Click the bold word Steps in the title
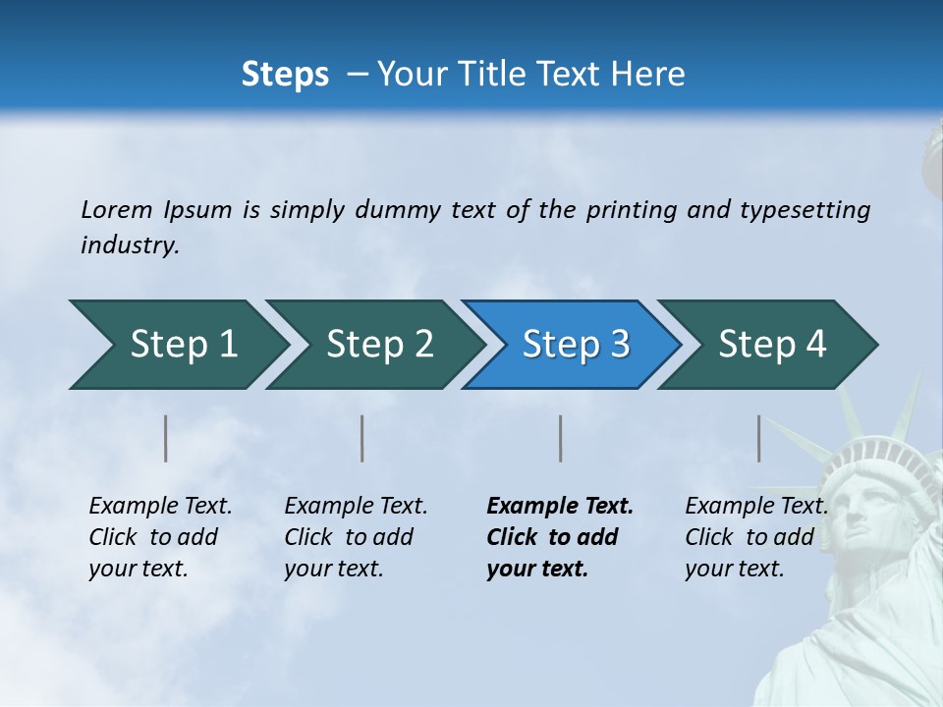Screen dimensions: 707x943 pyautogui.click(x=285, y=75)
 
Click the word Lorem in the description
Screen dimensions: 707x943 pyautogui.click(x=116, y=209)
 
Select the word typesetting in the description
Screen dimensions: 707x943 pyautogui.click(x=804, y=210)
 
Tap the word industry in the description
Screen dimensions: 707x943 pyautogui.click(x=129, y=245)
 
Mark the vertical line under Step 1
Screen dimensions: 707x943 pyautogui.click(x=166, y=438)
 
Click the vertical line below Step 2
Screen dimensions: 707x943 pyautogui.click(x=362, y=438)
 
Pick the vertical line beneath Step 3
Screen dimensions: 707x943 pyautogui.click(x=561, y=438)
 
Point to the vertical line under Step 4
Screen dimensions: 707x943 pyautogui.click(x=759, y=438)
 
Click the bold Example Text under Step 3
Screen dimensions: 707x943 pyautogui.click(x=560, y=507)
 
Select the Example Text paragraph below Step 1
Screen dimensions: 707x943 pyautogui.click(x=160, y=537)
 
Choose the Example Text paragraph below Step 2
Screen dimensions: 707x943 pyautogui.click(x=356, y=537)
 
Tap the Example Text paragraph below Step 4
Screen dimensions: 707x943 pyautogui.click(x=756, y=537)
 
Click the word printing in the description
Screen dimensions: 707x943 pyautogui.click(x=631, y=210)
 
